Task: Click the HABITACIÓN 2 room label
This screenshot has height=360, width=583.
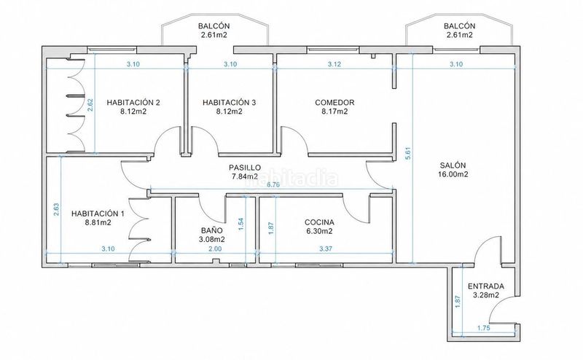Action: pos(133,102)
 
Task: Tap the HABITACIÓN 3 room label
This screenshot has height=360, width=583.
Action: pos(229,102)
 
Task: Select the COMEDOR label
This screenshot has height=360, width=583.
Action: pos(334,102)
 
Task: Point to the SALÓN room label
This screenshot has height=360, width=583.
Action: pos(453,165)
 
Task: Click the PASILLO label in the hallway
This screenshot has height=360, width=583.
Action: pos(245,168)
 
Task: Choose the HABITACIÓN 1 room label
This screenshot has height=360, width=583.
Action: pos(98,214)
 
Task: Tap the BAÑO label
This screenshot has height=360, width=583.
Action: pos(212,230)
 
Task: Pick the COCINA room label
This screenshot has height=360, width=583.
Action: pos(319,222)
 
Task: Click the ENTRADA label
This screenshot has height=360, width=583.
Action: pos(486,286)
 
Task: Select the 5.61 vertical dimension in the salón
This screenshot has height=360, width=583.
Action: pos(408,154)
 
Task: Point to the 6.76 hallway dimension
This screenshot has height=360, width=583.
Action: pos(273,185)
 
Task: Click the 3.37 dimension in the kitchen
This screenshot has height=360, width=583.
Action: pos(326,249)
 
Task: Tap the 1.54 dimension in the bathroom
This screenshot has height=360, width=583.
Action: pos(241,224)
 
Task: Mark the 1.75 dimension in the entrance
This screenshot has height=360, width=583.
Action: pos(483,328)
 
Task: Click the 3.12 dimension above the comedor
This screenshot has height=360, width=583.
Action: pos(334,64)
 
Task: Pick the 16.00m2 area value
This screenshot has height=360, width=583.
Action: pos(453,174)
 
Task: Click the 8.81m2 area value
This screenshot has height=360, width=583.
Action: pos(98,222)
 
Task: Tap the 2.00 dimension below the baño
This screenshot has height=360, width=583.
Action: pos(215,249)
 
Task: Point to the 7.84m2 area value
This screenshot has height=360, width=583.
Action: pos(245,176)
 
